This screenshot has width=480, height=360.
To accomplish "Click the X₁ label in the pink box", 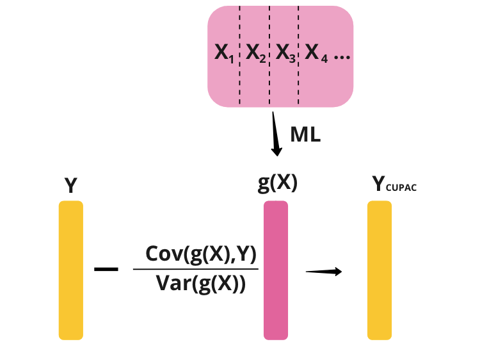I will pyautogui.click(x=224, y=54).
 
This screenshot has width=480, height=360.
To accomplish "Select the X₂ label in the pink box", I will pyautogui.click(x=255, y=54).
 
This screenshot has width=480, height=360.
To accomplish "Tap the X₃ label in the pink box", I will pyautogui.click(x=285, y=54).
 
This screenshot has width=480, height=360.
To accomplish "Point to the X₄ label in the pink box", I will pyautogui.click(x=316, y=54).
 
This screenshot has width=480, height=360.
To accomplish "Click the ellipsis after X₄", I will pyautogui.click(x=342, y=57).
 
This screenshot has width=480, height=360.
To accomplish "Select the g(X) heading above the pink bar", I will pyautogui.click(x=277, y=184).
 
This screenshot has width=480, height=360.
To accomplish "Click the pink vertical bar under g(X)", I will pyautogui.click(x=276, y=270).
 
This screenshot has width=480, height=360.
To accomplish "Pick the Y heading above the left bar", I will pyautogui.click(x=71, y=186).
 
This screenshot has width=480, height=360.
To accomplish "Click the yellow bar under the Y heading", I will pyautogui.click(x=71, y=270).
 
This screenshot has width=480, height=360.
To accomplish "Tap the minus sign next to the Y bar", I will pyautogui.click(x=106, y=270).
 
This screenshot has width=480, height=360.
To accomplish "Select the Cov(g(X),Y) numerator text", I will pyautogui.click(x=201, y=254).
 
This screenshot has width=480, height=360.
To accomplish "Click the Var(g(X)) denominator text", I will pyautogui.click(x=201, y=282).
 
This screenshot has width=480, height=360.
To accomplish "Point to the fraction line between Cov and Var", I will pyautogui.click(x=195, y=270).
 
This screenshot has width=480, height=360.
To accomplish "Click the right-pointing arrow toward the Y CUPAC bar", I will pyautogui.click(x=324, y=272).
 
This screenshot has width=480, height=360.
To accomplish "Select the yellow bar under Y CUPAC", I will pyautogui.click(x=380, y=270).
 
